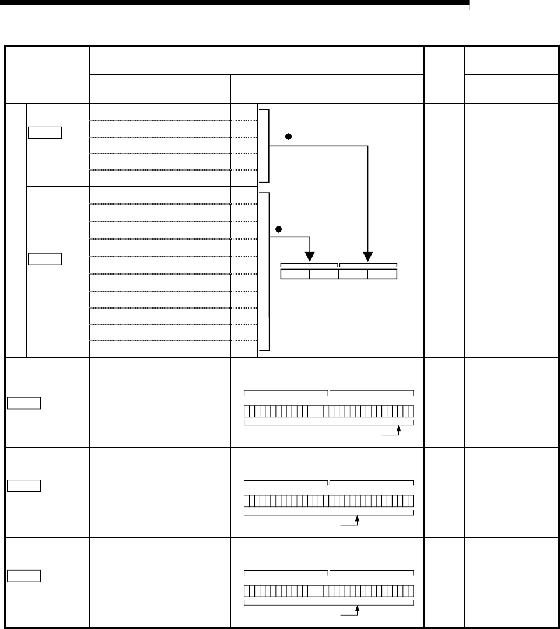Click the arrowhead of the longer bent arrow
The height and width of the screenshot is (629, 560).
pyautogui.click(x=367, y=257)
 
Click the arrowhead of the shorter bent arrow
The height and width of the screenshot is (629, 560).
pyautogui.click(x=310, y=257)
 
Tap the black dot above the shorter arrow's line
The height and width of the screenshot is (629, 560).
pyautogui.click(x=279, y=229)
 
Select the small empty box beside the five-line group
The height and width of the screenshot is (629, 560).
pyautogui.click(x=45, y=132)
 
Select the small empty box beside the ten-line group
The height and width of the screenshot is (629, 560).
pyautogui.click(x=45, y=258)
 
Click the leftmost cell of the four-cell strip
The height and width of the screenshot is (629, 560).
pyautogui.click(x=295, y=274)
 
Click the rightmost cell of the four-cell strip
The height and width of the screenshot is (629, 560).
pyautogui.click(x=382, y=274)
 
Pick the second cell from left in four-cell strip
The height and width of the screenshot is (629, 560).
pyautogui.click(x=324, y=274)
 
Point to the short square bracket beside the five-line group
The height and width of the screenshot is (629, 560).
pyautogui.click(x=266, y=145)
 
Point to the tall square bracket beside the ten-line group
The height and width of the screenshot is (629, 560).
pyautogui.click(x=266, y=272)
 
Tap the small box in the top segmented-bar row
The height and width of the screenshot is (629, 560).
pyautogui.click(x=24, y=403)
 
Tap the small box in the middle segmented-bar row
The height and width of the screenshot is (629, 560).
pyautogui.click(x=24, y=485)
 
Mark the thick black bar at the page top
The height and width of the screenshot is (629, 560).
pyautogui.click(x=234, y=3)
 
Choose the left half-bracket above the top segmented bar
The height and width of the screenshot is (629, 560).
pyautogui.click(x=286, y=391)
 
